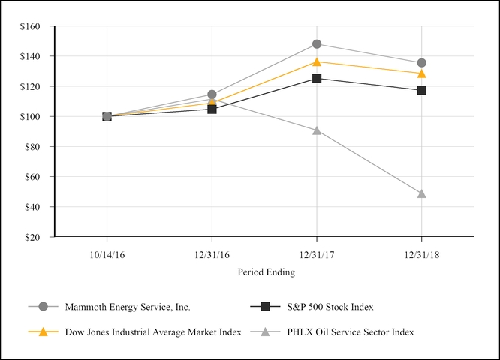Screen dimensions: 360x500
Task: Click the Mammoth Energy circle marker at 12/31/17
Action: point(317,44)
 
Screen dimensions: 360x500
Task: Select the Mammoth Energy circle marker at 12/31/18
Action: point(422,63)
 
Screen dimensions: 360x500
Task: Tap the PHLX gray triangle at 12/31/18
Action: point(422,193)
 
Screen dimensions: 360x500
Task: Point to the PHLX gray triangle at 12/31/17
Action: point(317,130)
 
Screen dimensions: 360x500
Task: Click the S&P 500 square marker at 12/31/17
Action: point(317,78)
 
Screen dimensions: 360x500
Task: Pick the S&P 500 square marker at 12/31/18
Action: point(422,90)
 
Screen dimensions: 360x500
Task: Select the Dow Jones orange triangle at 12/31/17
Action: point(317,61)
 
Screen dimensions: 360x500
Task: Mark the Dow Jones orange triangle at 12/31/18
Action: point(422,73)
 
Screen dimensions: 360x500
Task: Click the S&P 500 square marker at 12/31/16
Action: point(212,109)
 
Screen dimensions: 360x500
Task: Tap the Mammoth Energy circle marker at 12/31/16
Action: point(212,94)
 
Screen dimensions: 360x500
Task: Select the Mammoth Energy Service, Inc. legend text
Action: point(127,307)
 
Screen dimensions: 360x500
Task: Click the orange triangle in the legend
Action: point(43,331)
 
